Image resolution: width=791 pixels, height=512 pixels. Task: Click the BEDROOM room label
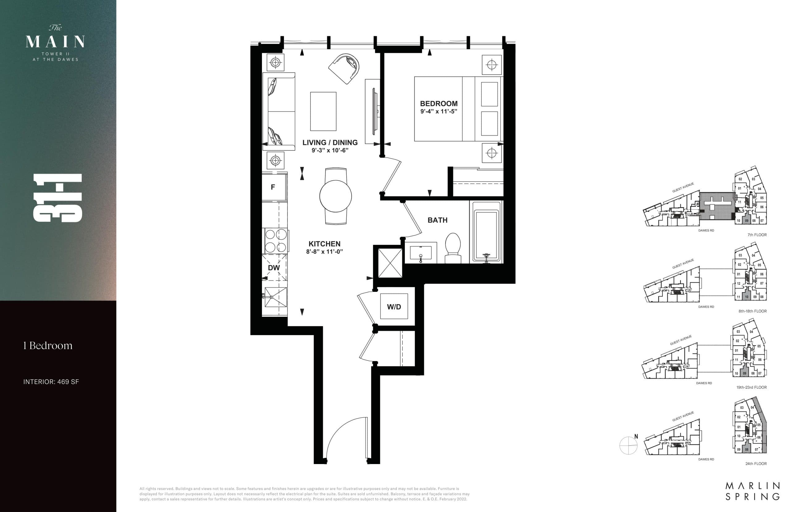pos(438,103)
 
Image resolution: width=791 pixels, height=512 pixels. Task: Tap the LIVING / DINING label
pos(330,143)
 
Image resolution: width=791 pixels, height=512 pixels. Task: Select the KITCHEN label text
pos(324,244)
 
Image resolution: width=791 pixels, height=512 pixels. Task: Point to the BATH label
pos(437,220)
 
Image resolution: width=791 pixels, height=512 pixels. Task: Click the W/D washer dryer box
pos(394,306)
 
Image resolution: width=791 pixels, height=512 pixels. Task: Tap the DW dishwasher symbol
pos(274,268)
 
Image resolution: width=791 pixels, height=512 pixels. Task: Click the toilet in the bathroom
pos(452,248)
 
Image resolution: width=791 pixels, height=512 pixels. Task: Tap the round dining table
pos(336,196)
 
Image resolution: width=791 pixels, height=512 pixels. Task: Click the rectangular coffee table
pos(323,111)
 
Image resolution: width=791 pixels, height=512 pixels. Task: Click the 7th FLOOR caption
pos(757,235)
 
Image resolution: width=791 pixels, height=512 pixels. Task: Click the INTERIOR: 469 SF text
pos(51,382)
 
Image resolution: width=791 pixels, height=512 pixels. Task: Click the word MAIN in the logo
pos(55,42)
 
